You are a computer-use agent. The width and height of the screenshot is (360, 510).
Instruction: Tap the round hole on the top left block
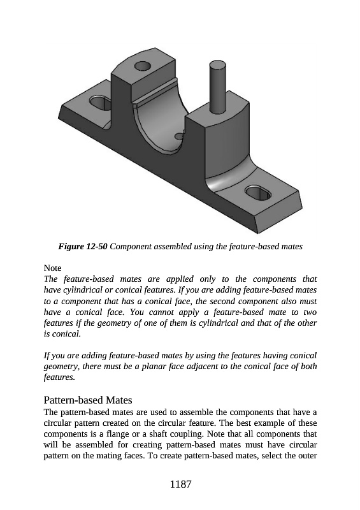[x=143, y=67]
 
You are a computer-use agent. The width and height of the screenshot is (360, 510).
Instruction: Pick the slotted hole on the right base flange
[x=257, y=193]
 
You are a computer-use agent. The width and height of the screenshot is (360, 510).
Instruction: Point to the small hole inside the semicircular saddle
[x=180, y=135]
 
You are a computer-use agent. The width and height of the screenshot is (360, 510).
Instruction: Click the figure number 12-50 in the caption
[x=96, y=247]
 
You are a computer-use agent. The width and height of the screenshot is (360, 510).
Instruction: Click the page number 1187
[x=180, y=484]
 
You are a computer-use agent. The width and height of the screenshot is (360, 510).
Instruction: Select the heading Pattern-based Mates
[x=88, y=400]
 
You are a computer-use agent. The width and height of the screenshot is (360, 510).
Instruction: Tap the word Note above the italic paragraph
[x=52, y=268]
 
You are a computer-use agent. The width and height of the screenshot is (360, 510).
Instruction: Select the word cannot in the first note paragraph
[x=160, y=312]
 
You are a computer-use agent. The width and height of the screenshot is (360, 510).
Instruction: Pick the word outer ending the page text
[x=307, y=456]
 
